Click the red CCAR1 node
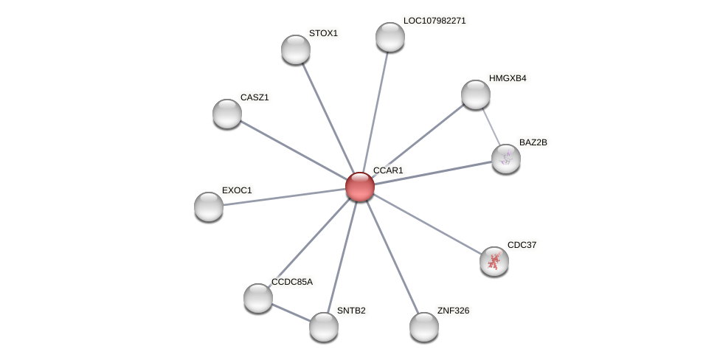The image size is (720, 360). tap(360, 187)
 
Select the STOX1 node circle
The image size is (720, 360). tap(296, 49)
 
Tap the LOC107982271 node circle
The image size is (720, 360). tap(390, 37)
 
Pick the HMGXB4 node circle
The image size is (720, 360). tap(476, 94)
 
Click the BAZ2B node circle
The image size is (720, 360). tap(506, 159)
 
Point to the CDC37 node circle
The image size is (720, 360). tap(494, 260)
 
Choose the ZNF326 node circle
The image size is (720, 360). tap(424, 327)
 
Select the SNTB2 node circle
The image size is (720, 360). tap(324, 327)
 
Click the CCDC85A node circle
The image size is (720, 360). tap(258, 298)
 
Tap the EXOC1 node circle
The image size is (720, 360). tap(209, 207)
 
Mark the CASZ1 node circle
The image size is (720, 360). tap(227, 114)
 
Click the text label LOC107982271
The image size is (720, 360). tap(435, 21)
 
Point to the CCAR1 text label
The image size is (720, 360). tap(388, 170)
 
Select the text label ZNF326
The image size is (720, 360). tap(453, 311)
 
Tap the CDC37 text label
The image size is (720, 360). tap(522, 245)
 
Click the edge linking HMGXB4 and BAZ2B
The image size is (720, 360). tap(491, 125)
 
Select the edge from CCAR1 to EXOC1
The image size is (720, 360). tap(284, 197)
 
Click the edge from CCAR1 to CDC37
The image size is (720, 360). tap(427, 224)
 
